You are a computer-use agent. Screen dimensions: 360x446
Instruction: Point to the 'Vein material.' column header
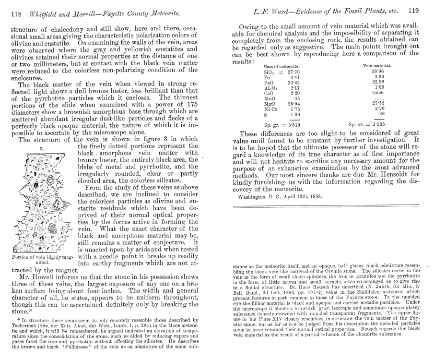[x=378, y=65]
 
